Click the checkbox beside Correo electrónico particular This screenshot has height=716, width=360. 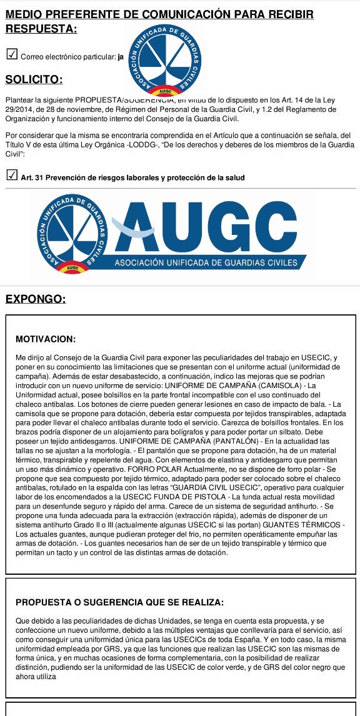click(11, 56)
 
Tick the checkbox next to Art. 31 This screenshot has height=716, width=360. click(11, 177)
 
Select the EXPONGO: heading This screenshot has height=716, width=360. click(36, 299)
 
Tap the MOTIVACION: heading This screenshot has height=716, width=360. click(45, 339)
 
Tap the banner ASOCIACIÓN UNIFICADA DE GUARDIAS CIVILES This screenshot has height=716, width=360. click(206, 263)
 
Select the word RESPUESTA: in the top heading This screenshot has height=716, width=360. click(41, 29)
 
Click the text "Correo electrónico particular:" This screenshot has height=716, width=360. click(69, 57)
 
